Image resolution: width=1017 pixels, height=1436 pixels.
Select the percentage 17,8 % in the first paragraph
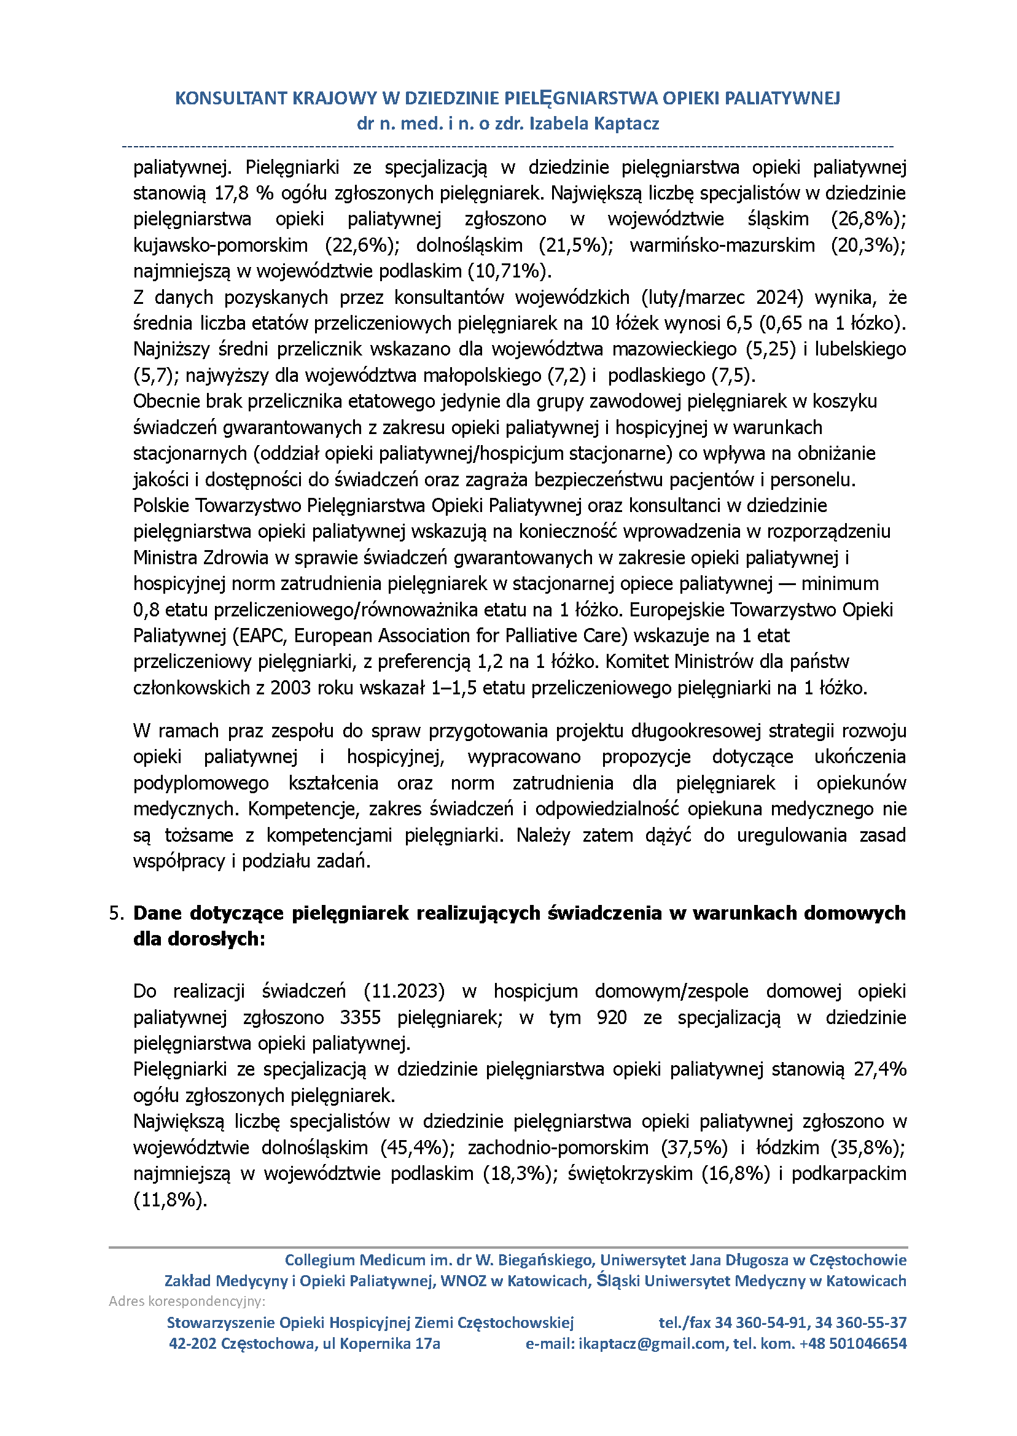pyautogui.click(x=244, y=193)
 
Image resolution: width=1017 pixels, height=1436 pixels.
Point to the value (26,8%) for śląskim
pyautogui.click(x=868, y=219)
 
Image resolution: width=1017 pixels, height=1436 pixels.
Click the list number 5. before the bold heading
pyautogui.click(x=117, y=914)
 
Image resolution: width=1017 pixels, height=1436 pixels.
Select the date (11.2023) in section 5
pyautogui.click(x=405, y=992)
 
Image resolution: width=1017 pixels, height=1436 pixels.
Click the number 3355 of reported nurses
pyautogui.click(x=360, y=1017)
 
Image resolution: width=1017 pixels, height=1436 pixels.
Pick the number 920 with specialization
pyautogui.click(x=611, y=1017)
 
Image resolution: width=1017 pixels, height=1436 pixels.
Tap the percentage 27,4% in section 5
pyautogui.click(x=880, y=1069)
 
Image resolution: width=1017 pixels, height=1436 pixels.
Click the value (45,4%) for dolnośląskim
pyautogui.click(x=417, y=1147)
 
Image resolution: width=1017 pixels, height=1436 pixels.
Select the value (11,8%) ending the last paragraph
pyautogui.click(x=169, y=1200)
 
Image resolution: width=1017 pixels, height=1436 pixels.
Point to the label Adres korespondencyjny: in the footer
pyautogui.click(x=187, y=1302)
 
